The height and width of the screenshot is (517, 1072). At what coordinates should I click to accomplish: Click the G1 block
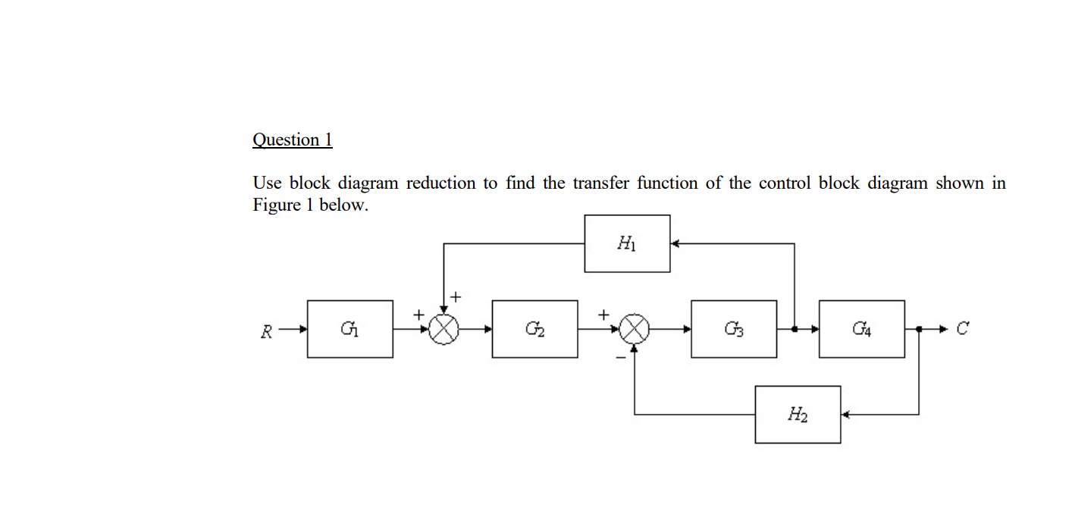(x=349, y=329)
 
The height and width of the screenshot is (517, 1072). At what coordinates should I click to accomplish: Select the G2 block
(x=534, y=329)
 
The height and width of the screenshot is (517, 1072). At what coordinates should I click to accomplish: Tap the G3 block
(x=733, y=329)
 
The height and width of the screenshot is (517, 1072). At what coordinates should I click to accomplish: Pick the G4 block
(x=861, y=329)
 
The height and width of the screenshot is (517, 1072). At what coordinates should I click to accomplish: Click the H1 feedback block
(x=627, y=243)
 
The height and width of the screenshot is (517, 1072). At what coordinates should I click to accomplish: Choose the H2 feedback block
(x=798, y=415)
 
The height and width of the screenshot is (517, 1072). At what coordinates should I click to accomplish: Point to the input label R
(x=266, y=331)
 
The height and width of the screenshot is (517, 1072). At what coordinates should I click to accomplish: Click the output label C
(x=962, y=329)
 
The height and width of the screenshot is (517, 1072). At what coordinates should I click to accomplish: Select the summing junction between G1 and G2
(x=444, y=329)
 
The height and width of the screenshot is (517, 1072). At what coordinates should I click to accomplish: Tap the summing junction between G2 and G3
(x=635, y=329)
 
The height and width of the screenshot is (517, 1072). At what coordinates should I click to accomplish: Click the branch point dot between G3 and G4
(x=795, y=329)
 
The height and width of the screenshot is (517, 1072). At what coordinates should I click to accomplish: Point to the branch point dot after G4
(x=919, y=329)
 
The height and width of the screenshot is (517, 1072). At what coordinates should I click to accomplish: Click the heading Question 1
(x=292, y=139)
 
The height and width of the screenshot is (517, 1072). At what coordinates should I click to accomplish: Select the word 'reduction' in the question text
(x=441, y=183)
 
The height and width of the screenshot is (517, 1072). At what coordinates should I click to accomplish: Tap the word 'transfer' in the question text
(x=601, y=183)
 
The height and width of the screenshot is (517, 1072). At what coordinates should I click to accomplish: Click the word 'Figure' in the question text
(x=277, y=205)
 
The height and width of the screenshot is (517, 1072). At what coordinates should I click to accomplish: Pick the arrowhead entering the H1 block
(x=675, y=243)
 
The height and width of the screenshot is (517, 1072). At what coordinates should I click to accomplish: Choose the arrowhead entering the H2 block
(x=845, y=415)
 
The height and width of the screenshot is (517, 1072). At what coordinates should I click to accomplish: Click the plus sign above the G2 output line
(x=603, y=313)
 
